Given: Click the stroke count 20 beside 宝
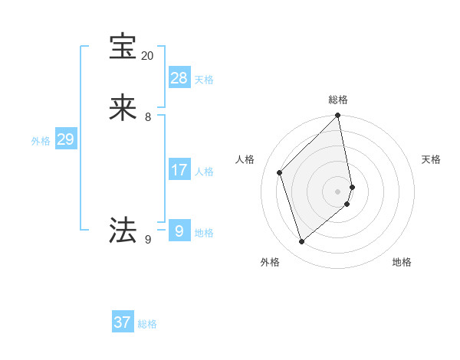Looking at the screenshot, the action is [x=147, y=56].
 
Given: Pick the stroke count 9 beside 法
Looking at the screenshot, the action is [x=148, y=240].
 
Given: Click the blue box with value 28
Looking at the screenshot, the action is [x=179, y=77].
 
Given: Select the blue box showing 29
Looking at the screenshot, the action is [x=65, y=139].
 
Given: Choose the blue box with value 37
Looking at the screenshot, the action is [x=123, y=322].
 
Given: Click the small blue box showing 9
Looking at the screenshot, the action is [x=179, y=231].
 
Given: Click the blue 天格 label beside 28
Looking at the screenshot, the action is [x=204, y=80].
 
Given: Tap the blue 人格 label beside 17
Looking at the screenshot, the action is [x=204, y=172].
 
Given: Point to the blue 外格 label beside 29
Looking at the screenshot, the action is [x=41, y=141].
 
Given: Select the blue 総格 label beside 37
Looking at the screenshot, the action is [x=147, y=324].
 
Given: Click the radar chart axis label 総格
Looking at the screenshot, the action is [x=338, y=100].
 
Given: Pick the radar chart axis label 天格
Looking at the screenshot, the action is [x=431, y=159].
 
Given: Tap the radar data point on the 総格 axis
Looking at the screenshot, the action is [x=338, y=116].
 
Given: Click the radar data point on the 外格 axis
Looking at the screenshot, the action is [x=302, y=242].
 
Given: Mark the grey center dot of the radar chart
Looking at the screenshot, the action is [x=338, y=191].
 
